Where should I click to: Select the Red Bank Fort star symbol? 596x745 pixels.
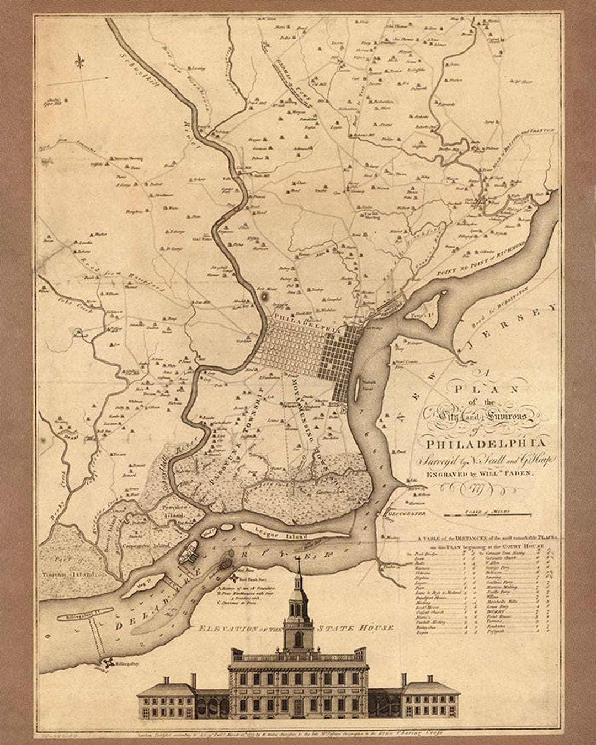(x=235, y=578)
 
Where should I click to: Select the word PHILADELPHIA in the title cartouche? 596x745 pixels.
(x=485, y=443)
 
